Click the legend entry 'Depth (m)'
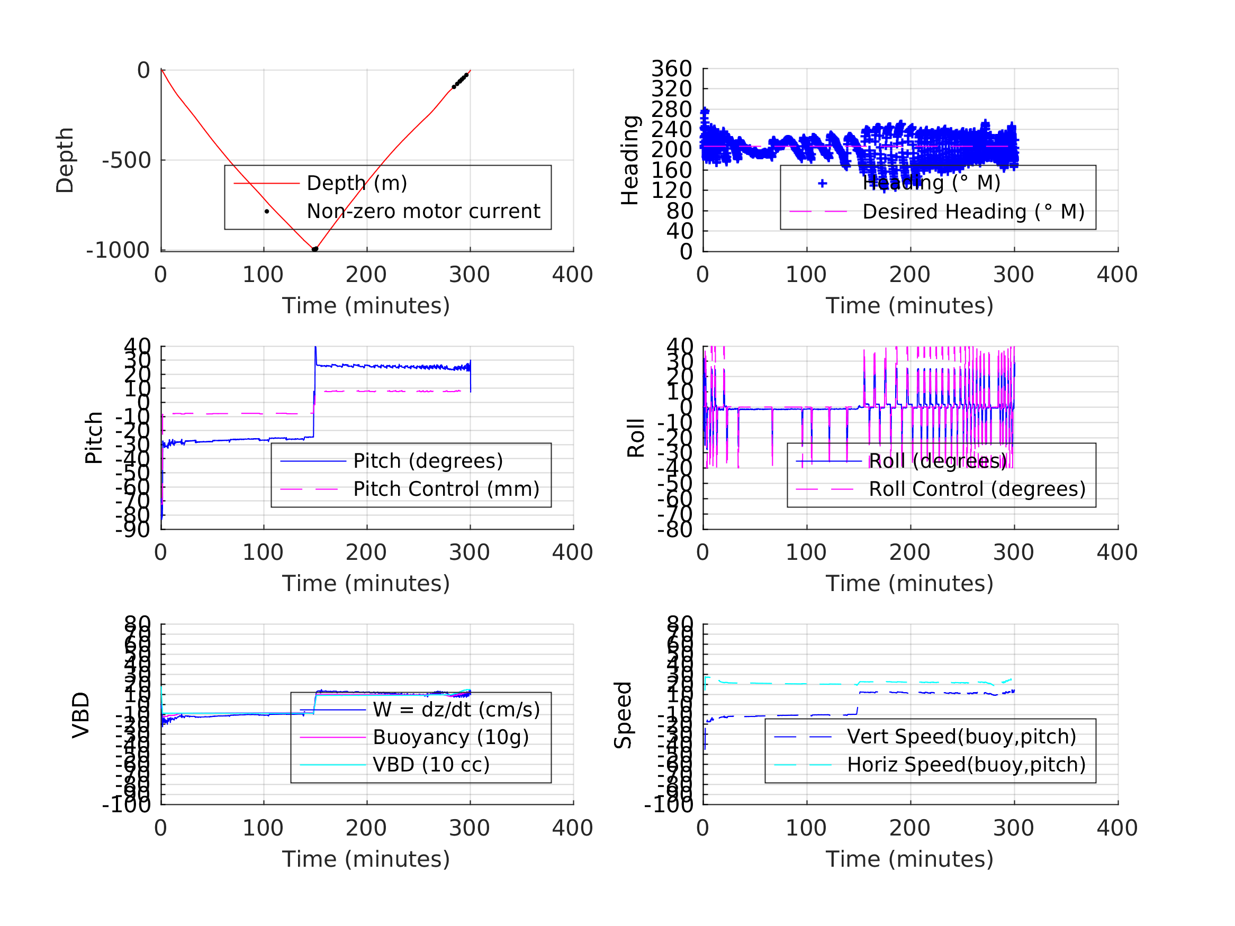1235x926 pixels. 357,183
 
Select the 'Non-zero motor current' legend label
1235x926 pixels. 423,212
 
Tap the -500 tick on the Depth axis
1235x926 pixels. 127,161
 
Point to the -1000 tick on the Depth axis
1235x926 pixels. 118,251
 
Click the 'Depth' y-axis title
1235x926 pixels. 65,160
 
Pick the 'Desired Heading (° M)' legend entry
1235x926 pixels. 973,212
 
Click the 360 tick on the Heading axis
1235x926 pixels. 672,69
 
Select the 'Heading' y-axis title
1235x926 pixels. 630,160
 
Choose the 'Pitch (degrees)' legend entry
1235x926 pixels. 428,461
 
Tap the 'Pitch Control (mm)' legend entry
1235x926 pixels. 446,489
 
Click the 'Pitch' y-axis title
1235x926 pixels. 94,438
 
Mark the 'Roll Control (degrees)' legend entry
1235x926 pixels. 977,489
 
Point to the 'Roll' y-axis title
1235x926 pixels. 636,438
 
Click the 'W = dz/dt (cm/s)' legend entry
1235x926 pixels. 456,710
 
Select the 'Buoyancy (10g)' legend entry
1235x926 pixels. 450,737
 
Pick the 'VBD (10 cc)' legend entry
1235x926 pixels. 431,765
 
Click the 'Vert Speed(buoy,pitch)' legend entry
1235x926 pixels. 961,737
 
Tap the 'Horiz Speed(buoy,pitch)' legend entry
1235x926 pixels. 966,765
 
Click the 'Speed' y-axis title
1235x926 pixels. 623,715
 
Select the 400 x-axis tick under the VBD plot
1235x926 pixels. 572,828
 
